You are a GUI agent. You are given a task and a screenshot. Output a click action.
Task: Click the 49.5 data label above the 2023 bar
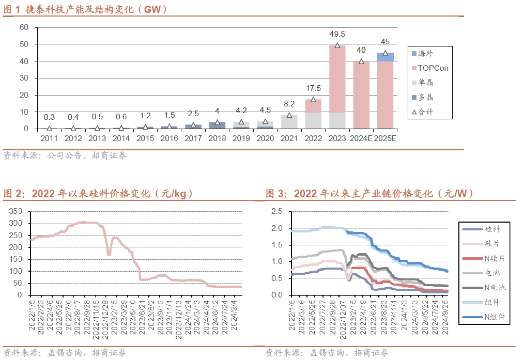(x=337, y=34)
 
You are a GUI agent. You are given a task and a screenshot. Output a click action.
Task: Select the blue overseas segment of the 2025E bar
(x=385, y=57)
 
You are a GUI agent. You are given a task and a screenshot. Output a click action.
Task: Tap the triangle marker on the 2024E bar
(x=361, y=61)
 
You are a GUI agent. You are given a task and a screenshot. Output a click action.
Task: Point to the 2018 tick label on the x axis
(x=217, y=138)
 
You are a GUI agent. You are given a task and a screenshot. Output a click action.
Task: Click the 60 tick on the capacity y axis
(x=23, y=27)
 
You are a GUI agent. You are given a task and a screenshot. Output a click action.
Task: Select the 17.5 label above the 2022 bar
(x=313, y=88)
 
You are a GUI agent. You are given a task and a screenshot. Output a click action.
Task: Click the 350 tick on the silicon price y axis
(x=16, y=211)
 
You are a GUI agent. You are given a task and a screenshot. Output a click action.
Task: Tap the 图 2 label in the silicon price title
(x=13, y=194)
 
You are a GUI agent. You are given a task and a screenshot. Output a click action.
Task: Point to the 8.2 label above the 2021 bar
(x=289, y=103)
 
